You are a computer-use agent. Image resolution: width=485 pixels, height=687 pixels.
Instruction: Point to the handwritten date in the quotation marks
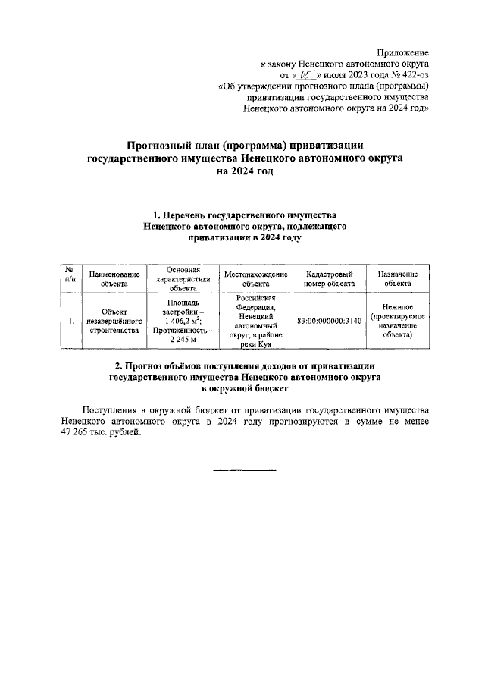tap(305, 75)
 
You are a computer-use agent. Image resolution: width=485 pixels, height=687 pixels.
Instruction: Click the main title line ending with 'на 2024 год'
tap(243, 171)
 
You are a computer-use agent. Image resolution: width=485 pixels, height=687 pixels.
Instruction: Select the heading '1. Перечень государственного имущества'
tap(244, 216)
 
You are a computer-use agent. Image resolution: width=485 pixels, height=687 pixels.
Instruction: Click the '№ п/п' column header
tap(69, 278)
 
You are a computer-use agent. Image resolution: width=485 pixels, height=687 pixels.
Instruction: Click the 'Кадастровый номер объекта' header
tap(330, 278)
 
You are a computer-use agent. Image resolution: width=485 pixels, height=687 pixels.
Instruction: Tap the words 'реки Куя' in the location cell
tap(255, 343)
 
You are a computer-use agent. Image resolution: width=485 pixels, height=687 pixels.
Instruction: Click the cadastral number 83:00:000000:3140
tap(330, 321)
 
